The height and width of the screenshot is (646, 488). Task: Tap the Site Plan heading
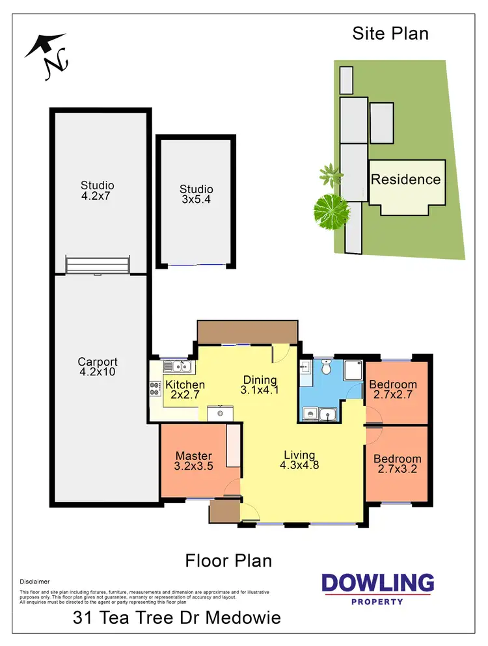tap(390, 33)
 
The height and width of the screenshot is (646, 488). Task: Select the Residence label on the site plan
tap(405, 180)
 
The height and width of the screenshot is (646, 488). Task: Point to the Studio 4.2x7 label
tap(98, 190)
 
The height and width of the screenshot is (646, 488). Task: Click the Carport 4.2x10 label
tap(98, 368)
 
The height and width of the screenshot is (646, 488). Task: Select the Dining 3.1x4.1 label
tap(260, 385)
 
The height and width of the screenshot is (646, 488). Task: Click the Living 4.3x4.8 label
tap(299, 460)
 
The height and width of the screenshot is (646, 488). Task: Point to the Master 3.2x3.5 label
tap(194, 461)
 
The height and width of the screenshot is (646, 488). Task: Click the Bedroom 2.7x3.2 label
tap(397, 464)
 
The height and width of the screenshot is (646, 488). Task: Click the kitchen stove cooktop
tap(156, 389)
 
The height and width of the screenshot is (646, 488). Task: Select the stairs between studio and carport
tap(98, 265)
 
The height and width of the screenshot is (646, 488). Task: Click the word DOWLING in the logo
tap(378, 583)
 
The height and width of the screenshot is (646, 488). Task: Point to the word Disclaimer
tap(34, 582)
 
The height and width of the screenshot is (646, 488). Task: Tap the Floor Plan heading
tap(228, 560)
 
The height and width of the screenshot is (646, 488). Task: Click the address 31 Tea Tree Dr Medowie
tap(176, 617)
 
